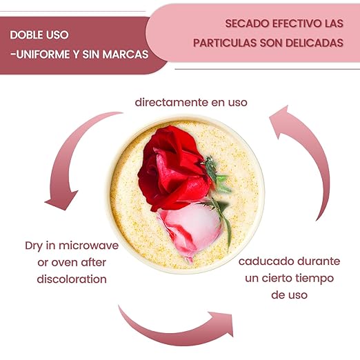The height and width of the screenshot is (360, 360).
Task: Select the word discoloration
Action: [72, 279]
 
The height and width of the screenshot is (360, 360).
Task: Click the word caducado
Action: [266, 261]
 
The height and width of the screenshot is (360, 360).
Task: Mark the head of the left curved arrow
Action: [61, 200]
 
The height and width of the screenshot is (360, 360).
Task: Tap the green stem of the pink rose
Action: [224, 221]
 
